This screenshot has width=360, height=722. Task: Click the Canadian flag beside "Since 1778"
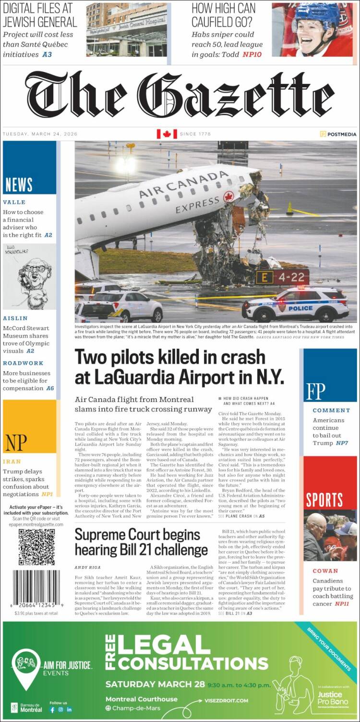167,134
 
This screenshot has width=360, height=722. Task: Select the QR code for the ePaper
36,547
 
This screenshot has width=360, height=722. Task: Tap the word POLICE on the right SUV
300,308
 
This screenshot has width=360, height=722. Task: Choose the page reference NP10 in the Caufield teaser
252,54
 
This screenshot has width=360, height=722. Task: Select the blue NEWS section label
19,184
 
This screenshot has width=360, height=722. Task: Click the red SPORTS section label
325,499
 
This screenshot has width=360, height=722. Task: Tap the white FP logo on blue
316,391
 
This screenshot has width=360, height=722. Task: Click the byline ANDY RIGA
88,567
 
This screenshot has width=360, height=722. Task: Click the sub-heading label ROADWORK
23,363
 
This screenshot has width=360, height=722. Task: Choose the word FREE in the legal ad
110,652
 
